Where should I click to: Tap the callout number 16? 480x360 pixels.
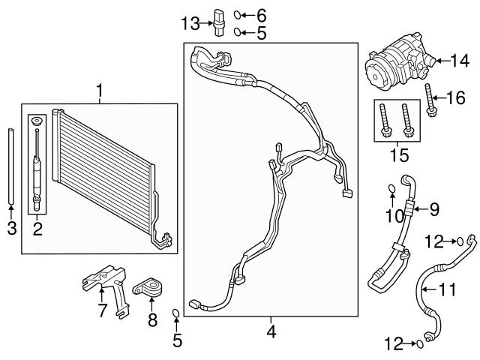456,97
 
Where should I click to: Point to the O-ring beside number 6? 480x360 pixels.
238,14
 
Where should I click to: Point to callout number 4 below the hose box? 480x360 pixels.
271,330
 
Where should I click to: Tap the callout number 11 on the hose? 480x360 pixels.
448,289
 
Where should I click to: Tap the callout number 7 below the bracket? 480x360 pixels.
103,310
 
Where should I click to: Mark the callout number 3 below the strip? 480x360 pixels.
11,228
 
